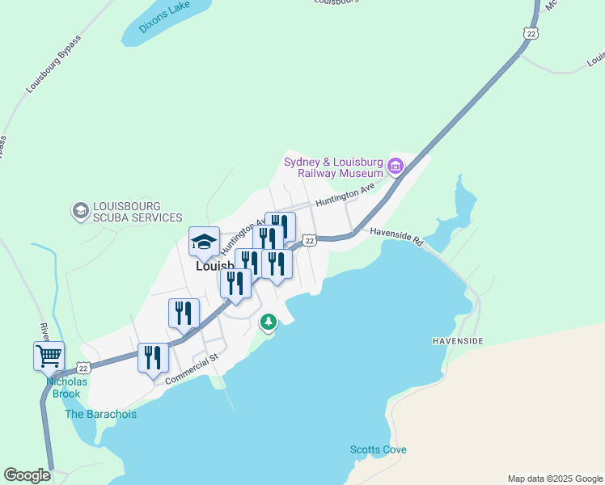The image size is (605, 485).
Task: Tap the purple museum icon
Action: pyautogui.click(x=396, y=167)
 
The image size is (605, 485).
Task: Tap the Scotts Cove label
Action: pyautogui.click(x=378, y=449)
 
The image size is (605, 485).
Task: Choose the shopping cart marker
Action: pyautogui.click(x=49, y=355)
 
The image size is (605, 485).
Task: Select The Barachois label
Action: pyautogui.click(x=101, y=414)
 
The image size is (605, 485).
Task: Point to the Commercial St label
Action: pyautogui.click(x=192, y=368)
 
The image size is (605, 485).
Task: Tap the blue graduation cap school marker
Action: pyautogui.click(x=205, y=241)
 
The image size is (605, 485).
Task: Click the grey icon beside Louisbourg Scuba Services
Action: pyautogui.click(x=80, y=211)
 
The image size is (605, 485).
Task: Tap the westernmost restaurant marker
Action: pyautogui.click(x=153, y=356)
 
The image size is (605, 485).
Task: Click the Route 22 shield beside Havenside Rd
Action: pyautogui.click(x=309, y=240)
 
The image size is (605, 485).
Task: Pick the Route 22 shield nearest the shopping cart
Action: pyautogui.click(x=84, y=367)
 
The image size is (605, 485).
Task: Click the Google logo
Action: pyautogui.click(x=27, y=475)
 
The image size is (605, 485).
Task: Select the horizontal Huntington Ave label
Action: pyautogui.click(x=345, y=194)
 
